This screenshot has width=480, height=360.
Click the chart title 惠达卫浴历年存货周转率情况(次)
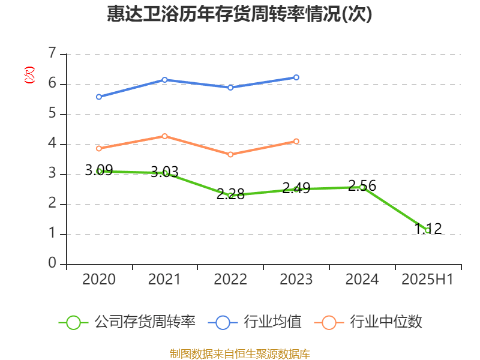pyautogui.click(x=240, y=14)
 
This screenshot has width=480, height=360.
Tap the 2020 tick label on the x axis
pyautogui.click(x=98, y=279)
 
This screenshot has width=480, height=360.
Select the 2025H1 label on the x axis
pyautogui.click(x=427, y=279)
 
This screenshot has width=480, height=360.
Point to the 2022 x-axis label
pyautogui.click(x=230, y=279)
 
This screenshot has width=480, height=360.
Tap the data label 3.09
pyautogui.click(x=99, y=170)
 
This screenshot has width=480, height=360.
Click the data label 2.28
pyautogui.click(x=230, y=194)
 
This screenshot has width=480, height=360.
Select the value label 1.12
pyautogui.click(x=428, y=229)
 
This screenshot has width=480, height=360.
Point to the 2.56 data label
pyautogui.click(x=362, y=186)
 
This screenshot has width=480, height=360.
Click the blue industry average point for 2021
pyautogui.click(x=164, y=80)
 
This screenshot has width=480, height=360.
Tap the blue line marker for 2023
pyautogui.click(x=296, y=77)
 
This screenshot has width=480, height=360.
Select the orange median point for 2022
pyautogui.click(x=230, y=154)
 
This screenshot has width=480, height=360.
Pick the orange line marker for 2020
pyautogui.click(x=99, y=148)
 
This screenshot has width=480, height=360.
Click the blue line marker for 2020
pyautogui.click(x=99, y=97)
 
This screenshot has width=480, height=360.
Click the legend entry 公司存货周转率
pyautogui.click(x=127, y=322)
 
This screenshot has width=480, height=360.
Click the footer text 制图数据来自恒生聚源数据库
pyautogui.click(x=240, y=353)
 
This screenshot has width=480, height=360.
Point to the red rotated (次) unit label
pyautogui.click(x=29, y=75)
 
